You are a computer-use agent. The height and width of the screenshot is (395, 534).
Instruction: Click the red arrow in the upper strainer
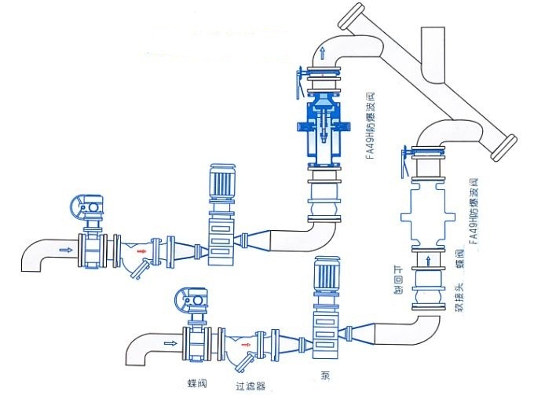(141, 251)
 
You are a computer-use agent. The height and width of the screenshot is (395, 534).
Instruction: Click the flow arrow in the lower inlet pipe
(170, 343)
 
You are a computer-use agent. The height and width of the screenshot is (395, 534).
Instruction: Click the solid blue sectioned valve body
(322, 126)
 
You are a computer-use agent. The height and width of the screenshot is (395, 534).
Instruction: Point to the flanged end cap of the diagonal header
(506, 148)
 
